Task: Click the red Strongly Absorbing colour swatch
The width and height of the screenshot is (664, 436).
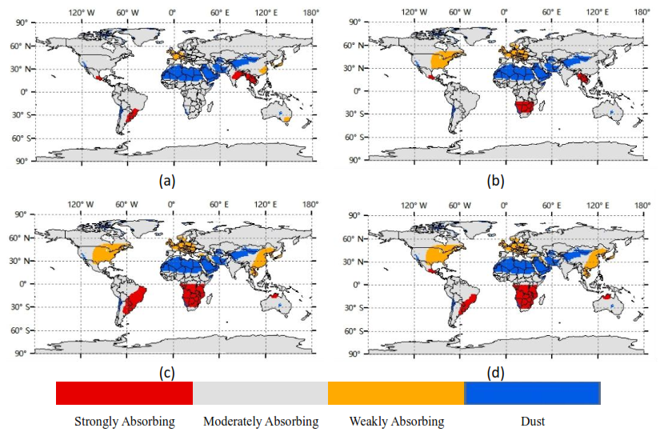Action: [x=124, y=393]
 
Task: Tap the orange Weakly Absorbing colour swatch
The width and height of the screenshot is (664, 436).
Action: [x=396, y=393]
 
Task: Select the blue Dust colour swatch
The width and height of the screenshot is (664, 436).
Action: [x=532, y=393]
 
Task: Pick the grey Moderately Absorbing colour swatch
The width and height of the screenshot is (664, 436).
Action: [x=260, y=393]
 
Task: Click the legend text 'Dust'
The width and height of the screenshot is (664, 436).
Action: [x=533, y=422]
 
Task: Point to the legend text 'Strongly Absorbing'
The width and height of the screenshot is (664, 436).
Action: [x=125, y=422]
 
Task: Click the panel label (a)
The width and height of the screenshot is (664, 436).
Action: [x=167, y=181]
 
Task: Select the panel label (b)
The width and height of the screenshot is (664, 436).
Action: [x=495, y=181]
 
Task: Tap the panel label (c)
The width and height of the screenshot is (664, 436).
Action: [x=167, y=373]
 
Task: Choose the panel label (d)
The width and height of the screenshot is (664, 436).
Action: [x=495, y=373]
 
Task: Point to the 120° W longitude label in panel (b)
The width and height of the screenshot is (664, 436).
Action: [x=414, y=12]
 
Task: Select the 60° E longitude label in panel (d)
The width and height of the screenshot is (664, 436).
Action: [x=551, y=206]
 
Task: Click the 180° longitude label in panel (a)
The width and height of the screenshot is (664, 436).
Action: [x=311, y=12]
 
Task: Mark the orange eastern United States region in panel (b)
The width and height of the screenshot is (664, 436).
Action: [x=445, y=59]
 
